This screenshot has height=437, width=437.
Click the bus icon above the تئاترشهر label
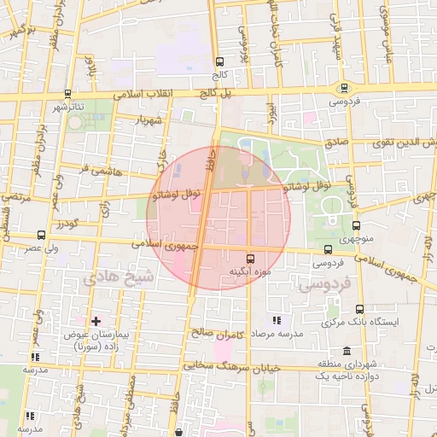67,94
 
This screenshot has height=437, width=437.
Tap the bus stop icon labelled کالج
220,61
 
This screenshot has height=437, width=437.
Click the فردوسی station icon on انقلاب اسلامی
345,87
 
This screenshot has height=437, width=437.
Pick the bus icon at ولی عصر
41,235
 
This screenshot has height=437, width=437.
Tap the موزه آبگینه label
249,271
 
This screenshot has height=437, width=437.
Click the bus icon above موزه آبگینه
249,258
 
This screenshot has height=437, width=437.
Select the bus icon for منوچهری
356,225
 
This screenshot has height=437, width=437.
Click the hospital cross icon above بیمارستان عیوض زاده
96,320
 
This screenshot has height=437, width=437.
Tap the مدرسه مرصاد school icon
276,320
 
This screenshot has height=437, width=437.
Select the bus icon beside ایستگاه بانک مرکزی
358,309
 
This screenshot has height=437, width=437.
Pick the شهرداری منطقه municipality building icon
347,351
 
